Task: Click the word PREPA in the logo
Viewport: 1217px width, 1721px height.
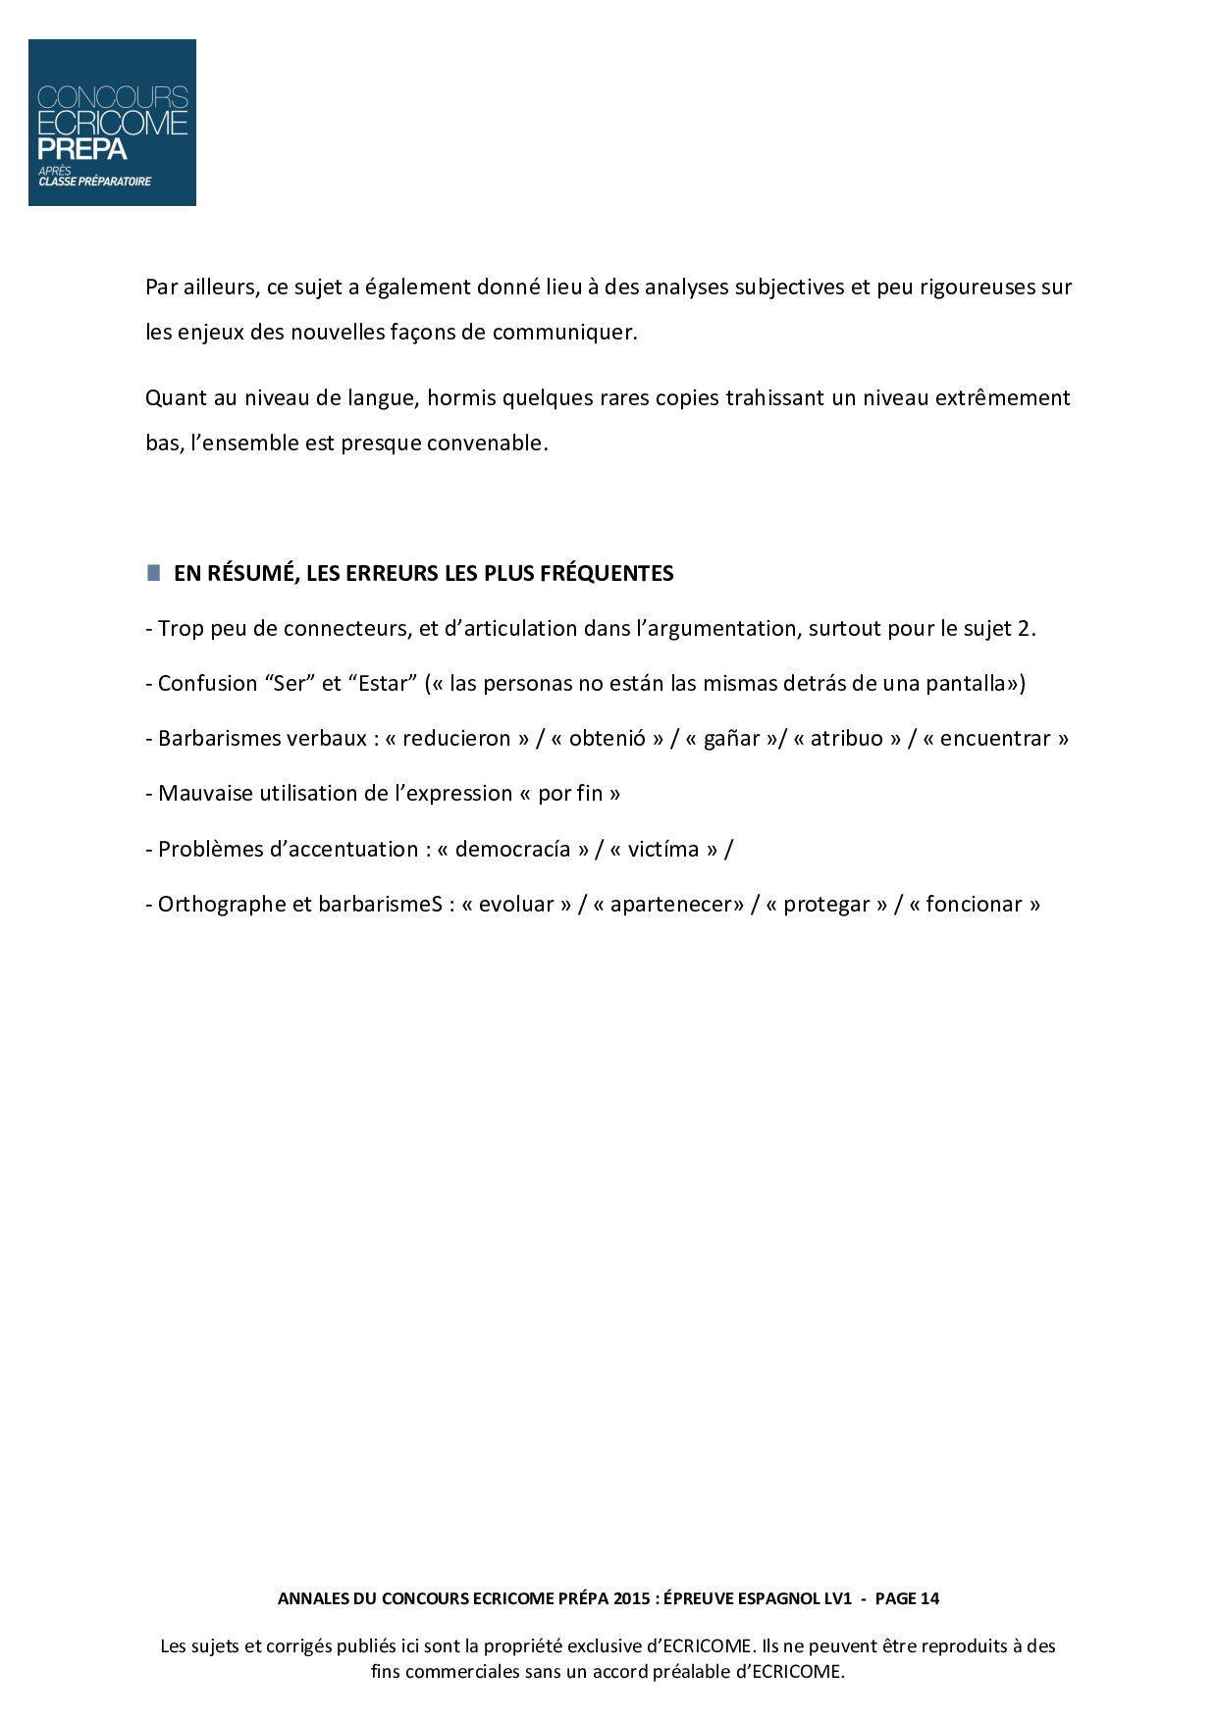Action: point(82,149)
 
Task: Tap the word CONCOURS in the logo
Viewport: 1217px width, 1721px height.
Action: point(112,98)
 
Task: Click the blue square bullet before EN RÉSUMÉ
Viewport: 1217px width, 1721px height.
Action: point(153,573)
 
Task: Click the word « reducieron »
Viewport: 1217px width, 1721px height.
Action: point(456,739)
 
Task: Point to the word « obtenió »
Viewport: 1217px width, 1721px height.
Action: point(608,739)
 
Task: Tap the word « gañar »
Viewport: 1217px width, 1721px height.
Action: point(732,739)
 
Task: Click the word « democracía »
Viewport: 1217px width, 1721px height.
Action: point(512,850)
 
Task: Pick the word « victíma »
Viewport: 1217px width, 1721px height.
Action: point(663,850)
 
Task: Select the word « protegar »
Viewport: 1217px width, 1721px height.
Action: point(826,905)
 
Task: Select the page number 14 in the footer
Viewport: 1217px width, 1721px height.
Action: point(929,1598)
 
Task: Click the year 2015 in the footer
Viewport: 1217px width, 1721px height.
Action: point(631,1598)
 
